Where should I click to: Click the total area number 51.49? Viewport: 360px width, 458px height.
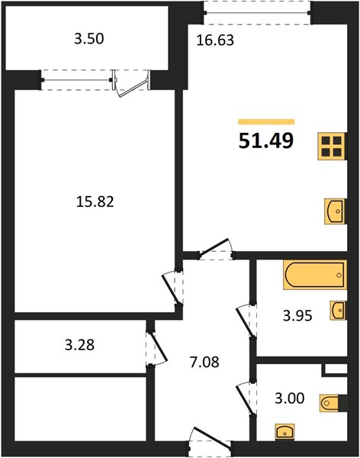point(266,141)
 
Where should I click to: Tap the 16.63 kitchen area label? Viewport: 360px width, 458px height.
point(215,40)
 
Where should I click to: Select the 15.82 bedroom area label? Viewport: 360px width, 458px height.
point(95,202)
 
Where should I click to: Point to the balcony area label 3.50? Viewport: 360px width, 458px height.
point(88,39)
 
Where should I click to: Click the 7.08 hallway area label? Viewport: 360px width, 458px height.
point(204,362)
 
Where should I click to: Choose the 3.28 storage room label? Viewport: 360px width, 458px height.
point(79,345)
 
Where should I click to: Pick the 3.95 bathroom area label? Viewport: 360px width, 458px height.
point(297,316)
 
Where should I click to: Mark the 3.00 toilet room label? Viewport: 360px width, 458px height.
point(290,398)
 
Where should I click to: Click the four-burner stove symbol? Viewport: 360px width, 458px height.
point(332,147)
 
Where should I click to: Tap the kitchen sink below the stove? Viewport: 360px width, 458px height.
point(335,211)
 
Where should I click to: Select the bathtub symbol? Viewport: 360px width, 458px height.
point(315,275)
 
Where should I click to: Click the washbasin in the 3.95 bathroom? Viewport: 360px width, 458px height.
point(338,310)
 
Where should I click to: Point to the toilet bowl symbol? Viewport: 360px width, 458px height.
point(329,403)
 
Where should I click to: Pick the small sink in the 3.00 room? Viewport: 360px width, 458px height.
point(284,431)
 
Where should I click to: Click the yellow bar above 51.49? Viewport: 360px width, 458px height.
point(266,122)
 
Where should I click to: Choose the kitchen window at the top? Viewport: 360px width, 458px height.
point(257,12)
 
